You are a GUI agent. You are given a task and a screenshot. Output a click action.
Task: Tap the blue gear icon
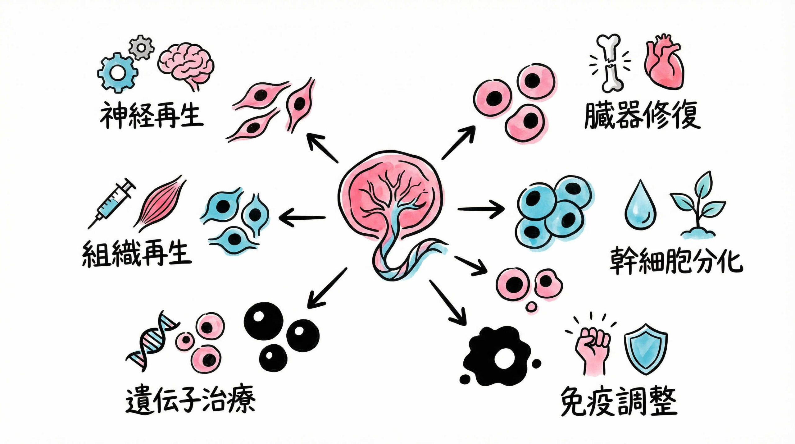pyautogui.click(x=117, y=73)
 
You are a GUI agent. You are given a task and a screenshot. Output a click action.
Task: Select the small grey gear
pyautogui.click(x=141, y=47)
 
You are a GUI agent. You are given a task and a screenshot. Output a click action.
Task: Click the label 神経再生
pyautogui.click(x=151, y=115)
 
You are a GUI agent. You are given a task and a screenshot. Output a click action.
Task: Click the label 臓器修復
pyautogui.click(x=642, y=115)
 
